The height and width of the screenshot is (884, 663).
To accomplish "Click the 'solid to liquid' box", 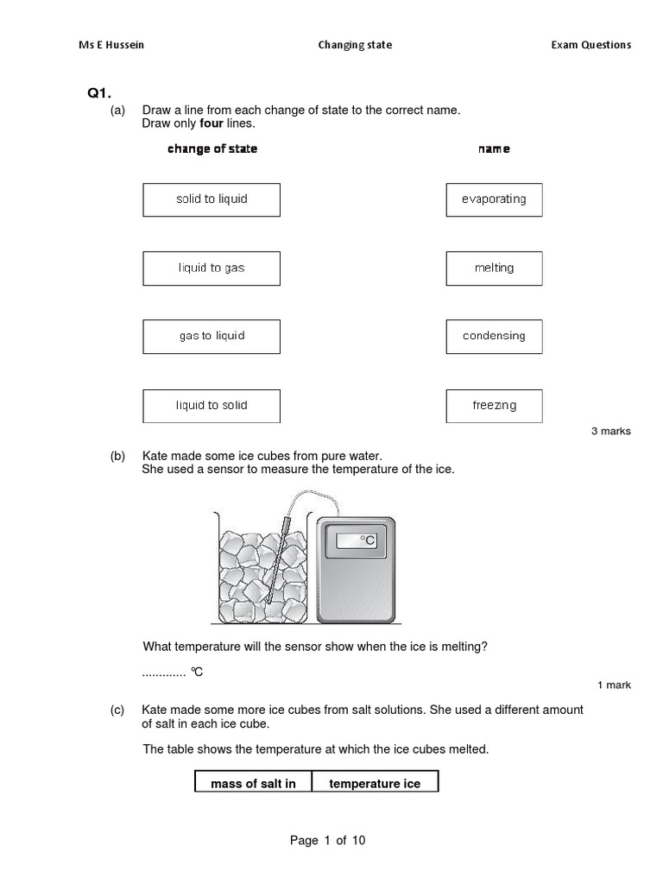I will tap(212, 199).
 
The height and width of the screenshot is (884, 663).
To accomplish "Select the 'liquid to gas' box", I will tap(212, 268).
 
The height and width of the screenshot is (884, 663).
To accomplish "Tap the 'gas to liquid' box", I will tap(212, 337).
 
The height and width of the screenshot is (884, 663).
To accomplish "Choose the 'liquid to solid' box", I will tap(212, 406).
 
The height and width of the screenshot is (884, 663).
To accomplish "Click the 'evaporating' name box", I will tap(494, 199).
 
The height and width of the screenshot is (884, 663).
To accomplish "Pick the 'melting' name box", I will tap(494, 268).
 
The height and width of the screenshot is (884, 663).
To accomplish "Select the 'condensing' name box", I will tap(494, 337).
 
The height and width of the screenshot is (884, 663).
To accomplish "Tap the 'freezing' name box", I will tap(494, 406).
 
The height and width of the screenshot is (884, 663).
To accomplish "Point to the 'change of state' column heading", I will tap(212, 148).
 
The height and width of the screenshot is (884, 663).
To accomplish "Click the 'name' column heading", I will tap(494, 148).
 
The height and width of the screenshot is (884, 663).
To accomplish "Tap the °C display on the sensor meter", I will tap(357, 540).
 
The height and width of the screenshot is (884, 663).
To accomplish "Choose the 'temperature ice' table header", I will tap(375, 784).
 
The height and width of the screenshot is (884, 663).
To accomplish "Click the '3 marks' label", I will tap(610, 431).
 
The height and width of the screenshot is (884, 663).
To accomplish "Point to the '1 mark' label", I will tap(614, 685).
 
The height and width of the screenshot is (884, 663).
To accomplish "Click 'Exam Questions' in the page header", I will tap(591, 45).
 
